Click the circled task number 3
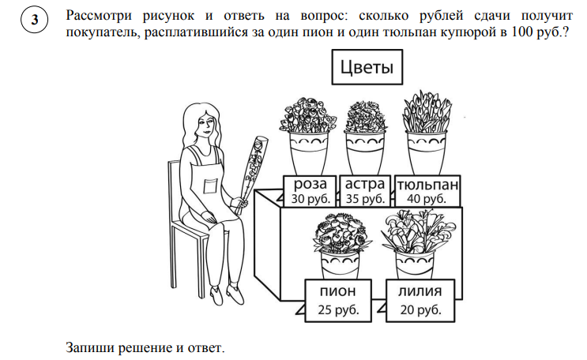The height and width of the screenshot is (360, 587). click(35, 20)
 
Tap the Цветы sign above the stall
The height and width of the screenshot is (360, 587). click(367, 67)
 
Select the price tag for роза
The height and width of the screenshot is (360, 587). click(310, 191)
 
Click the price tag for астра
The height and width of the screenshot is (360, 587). click(365, 191)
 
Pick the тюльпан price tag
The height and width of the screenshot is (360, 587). click(427, 191)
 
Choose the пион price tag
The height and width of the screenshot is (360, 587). click(338, 301)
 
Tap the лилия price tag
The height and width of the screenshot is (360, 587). click(420, 301)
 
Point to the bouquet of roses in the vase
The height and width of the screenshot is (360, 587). click(308, 114)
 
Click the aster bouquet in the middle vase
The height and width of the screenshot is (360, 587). click(365, 116)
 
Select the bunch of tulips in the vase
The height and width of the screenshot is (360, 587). click(427, 111)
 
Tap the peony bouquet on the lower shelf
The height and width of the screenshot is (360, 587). click(341, 233)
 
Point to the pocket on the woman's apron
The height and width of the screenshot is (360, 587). click(210, 186)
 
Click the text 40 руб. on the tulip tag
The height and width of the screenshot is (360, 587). click(427, 199)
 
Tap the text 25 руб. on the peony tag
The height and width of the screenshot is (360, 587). click(338, 309)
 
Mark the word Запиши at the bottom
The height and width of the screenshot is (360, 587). click(91, 347)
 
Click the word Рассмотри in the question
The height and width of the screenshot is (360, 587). click(99, 16)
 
